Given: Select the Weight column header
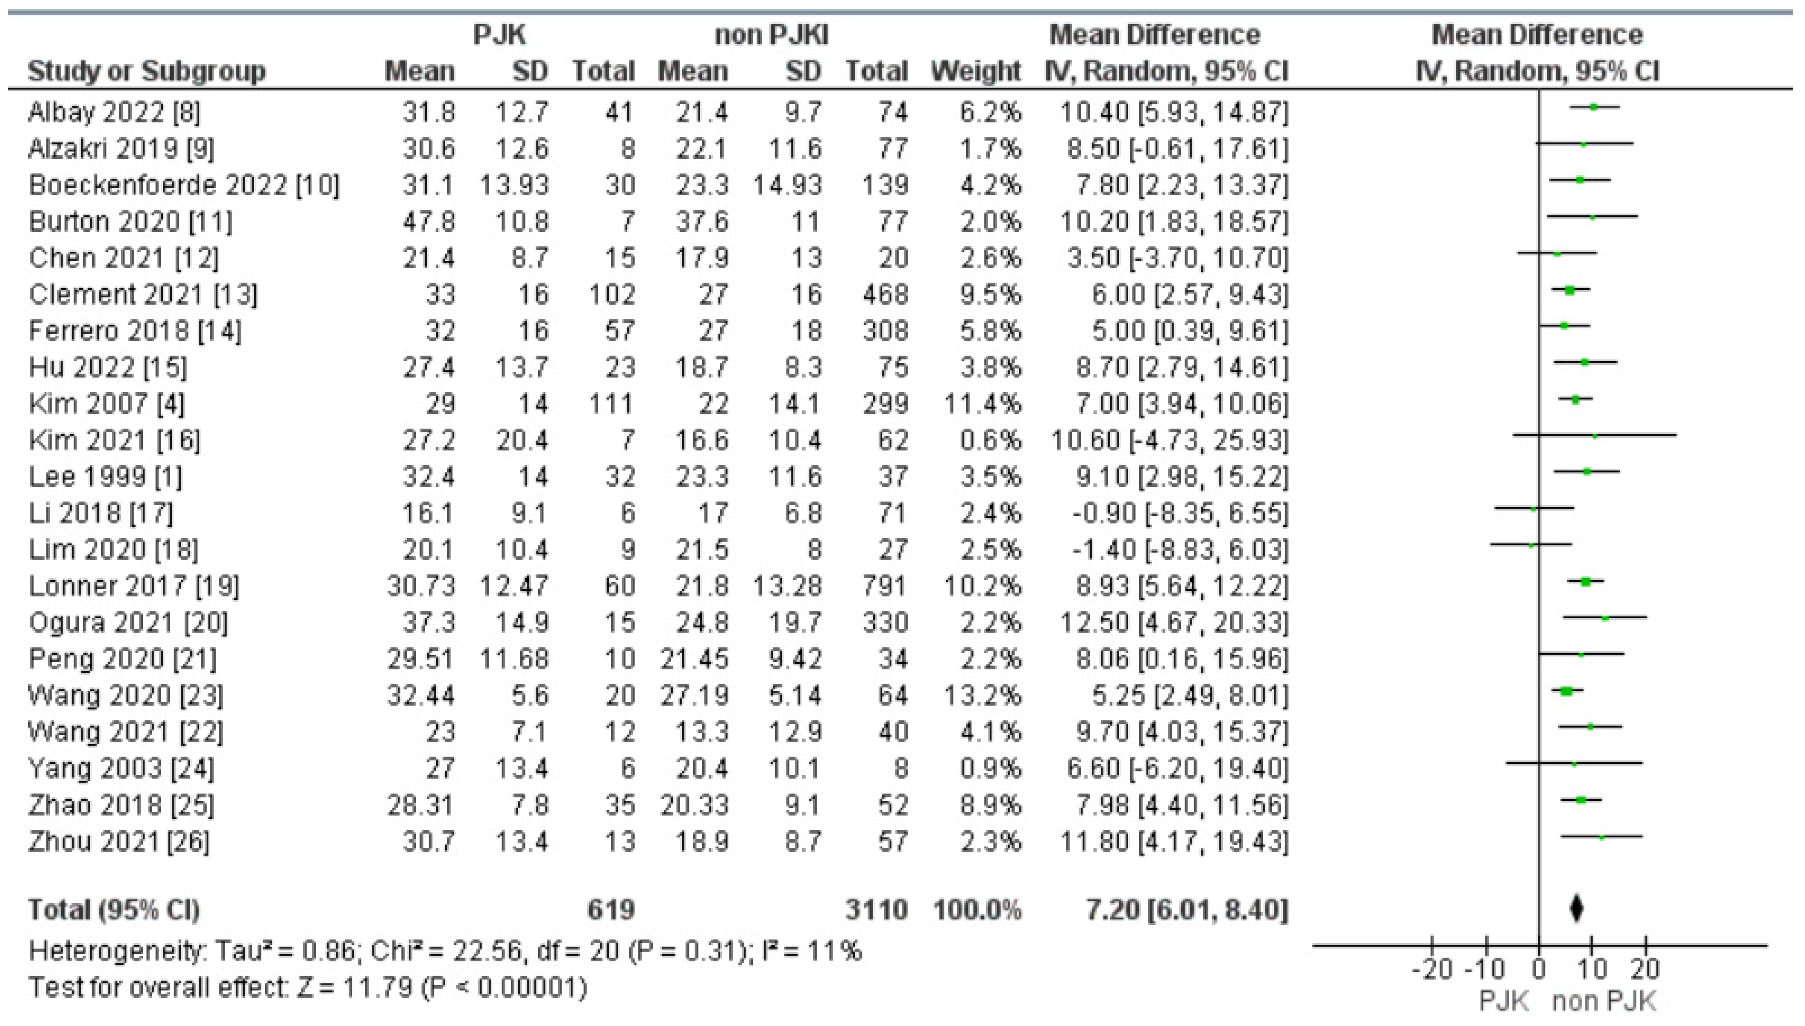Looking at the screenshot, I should click(976, 71).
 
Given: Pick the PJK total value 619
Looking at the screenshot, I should click(611, 910).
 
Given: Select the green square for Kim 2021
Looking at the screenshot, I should click(1594, 436).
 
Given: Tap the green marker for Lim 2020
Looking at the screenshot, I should click(1530, 545).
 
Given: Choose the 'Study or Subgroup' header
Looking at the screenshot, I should click(146, 71).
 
